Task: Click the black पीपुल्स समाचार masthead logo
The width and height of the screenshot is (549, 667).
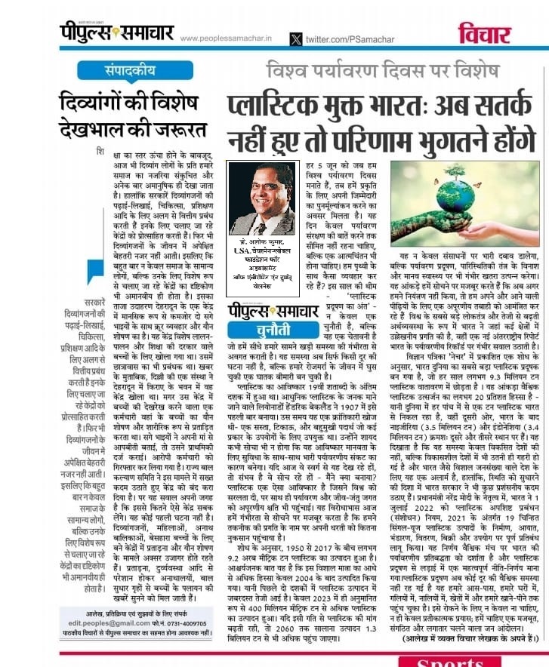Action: point(117,33)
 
